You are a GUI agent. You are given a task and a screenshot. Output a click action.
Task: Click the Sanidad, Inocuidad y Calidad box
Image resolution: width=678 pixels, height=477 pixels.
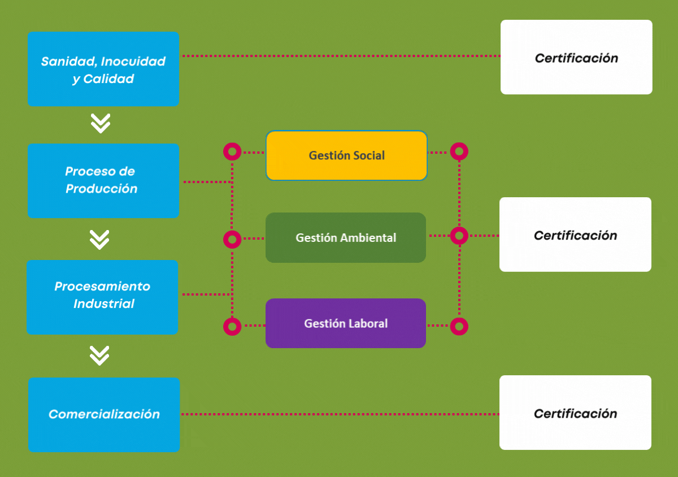(103, 69)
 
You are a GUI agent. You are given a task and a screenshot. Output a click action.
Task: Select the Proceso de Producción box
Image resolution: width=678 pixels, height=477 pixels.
(103, 180)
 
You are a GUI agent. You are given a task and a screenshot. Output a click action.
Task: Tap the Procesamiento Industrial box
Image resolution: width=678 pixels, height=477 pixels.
(103, 297)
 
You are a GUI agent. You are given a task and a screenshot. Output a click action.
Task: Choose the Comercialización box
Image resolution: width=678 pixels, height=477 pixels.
(104, 414)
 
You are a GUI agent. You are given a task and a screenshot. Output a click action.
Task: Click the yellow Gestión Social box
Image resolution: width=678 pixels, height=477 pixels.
(346, 155)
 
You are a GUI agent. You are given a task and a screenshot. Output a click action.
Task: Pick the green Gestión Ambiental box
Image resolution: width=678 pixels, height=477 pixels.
(346, 237)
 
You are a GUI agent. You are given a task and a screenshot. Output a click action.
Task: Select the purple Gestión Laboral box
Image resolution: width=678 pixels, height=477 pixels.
(346, 323)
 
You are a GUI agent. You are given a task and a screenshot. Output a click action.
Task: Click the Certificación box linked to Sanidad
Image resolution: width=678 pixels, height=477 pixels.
(576, 57)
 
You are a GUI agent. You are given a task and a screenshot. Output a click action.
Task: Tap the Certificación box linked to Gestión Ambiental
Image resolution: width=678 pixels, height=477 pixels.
(575, 235)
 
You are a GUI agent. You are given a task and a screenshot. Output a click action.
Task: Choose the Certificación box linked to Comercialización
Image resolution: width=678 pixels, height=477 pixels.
(575, 413)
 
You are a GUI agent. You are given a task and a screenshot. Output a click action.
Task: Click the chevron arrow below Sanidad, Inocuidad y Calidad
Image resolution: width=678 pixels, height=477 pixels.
(101, 124)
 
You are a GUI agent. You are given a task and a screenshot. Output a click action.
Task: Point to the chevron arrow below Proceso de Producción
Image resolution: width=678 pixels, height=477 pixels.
(99, 240)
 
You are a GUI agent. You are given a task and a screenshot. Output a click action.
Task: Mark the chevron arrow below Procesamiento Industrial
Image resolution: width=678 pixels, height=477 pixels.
(99, 355)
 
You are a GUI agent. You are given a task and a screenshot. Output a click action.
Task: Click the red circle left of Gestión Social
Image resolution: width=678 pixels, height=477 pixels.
(232, 151)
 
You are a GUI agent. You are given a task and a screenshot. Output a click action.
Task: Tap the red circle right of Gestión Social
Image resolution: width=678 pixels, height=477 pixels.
(459, 151)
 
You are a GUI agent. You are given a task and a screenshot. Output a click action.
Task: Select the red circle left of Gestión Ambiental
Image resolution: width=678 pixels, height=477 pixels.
(232, 239)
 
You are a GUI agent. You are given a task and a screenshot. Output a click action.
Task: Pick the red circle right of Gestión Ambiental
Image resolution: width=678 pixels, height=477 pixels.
(459, 235)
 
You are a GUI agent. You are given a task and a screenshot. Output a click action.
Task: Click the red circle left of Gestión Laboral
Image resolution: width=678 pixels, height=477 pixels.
(232, 326)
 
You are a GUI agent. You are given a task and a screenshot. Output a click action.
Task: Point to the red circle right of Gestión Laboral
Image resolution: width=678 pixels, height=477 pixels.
(459, 326)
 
